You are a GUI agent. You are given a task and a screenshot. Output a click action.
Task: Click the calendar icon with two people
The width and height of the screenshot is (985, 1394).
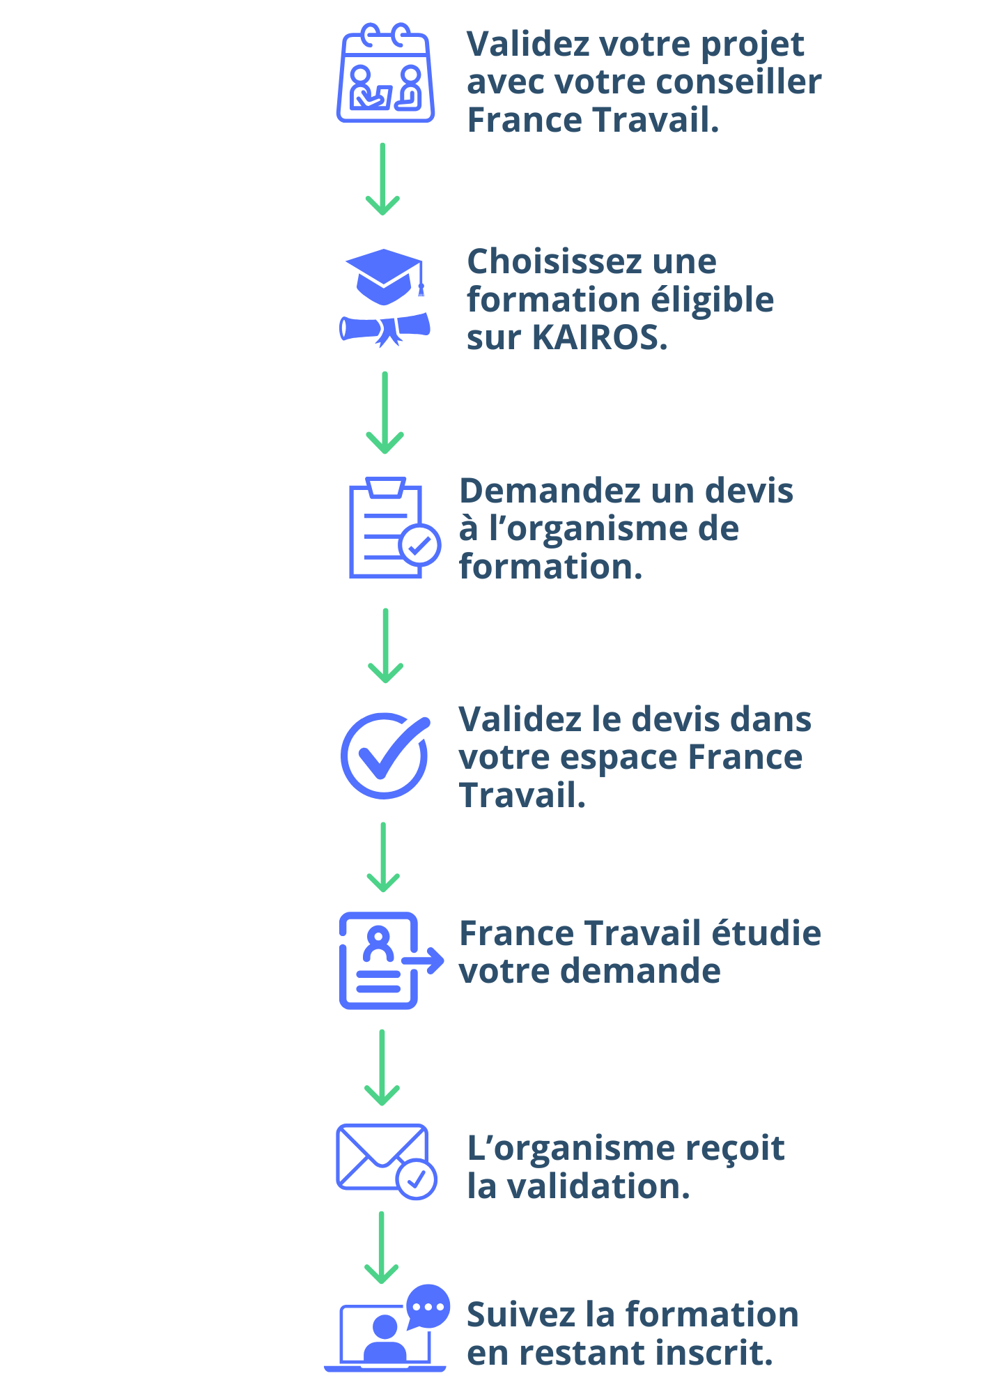(385, 74)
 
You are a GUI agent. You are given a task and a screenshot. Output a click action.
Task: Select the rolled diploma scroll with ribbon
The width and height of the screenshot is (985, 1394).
(385, 329)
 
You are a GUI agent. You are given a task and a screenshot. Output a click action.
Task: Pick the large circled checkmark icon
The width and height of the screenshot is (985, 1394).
(385, 755)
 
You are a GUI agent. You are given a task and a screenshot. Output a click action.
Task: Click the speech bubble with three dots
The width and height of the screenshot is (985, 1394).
(428, 1306)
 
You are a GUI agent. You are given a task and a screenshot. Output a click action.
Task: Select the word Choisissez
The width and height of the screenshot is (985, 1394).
(554, 262)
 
